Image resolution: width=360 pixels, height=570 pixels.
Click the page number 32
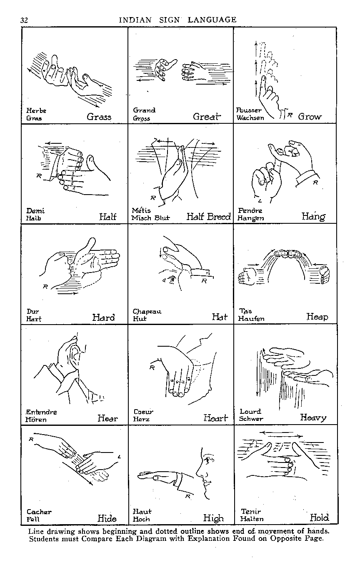click(24, 20)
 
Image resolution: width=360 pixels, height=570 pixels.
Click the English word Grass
click(99, 117)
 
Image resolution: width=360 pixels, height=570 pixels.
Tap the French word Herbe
click(36, 110)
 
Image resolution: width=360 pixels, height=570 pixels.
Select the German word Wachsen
click(250, 118)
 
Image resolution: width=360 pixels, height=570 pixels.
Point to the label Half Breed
click(208, 217)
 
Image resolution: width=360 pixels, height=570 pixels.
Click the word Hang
click(313, 217)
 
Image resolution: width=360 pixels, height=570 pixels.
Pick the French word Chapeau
click(147, 311)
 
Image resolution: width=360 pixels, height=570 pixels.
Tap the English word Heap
click(317, 317)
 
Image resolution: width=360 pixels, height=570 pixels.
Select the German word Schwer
click(251, 419)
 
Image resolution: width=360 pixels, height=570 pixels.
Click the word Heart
click(216, 418)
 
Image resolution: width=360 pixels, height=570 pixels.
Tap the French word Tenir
click(251, 511)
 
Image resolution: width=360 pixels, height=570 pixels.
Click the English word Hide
click(107, 518)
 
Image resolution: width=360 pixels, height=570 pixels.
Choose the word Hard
click(103, 317)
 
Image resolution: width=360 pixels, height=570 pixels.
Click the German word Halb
click(34, 218)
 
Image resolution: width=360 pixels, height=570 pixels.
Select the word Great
click(206, 117)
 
